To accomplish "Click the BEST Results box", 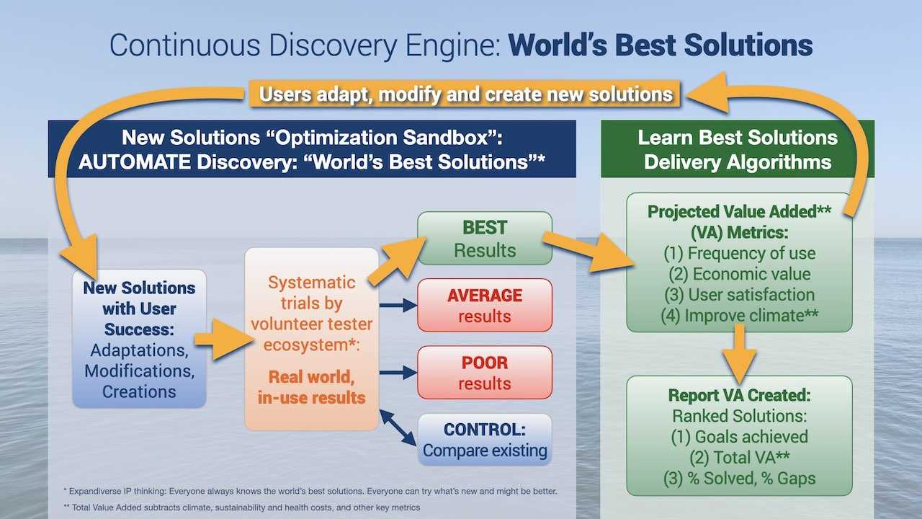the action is (x=485, y=239).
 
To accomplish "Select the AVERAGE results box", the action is (x=485, y=305).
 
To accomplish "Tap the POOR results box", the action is (x=485, y=373).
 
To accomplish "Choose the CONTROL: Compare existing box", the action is (x=485, y=440).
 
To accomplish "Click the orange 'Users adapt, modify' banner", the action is (x=465, y=94).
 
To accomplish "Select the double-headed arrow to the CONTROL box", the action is (x=398, y=427).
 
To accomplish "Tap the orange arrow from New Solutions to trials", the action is (x=223, y=340).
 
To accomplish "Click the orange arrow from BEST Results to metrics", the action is (x=588, y=252).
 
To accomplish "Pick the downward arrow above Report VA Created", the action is (x=739, y=354).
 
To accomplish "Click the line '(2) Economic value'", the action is (x=739, y=274).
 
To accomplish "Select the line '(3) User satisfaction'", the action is (x=739, y=295).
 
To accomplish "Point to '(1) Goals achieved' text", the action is (x=739, y=437).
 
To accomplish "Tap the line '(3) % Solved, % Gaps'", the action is (x=739, y=478).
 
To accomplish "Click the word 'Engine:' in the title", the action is (x=454, y=45).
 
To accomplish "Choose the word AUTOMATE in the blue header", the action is (x=135, y=162).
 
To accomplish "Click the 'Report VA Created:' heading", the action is (x=739, y=395).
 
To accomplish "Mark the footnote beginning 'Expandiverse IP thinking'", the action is (x=310, y=491).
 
